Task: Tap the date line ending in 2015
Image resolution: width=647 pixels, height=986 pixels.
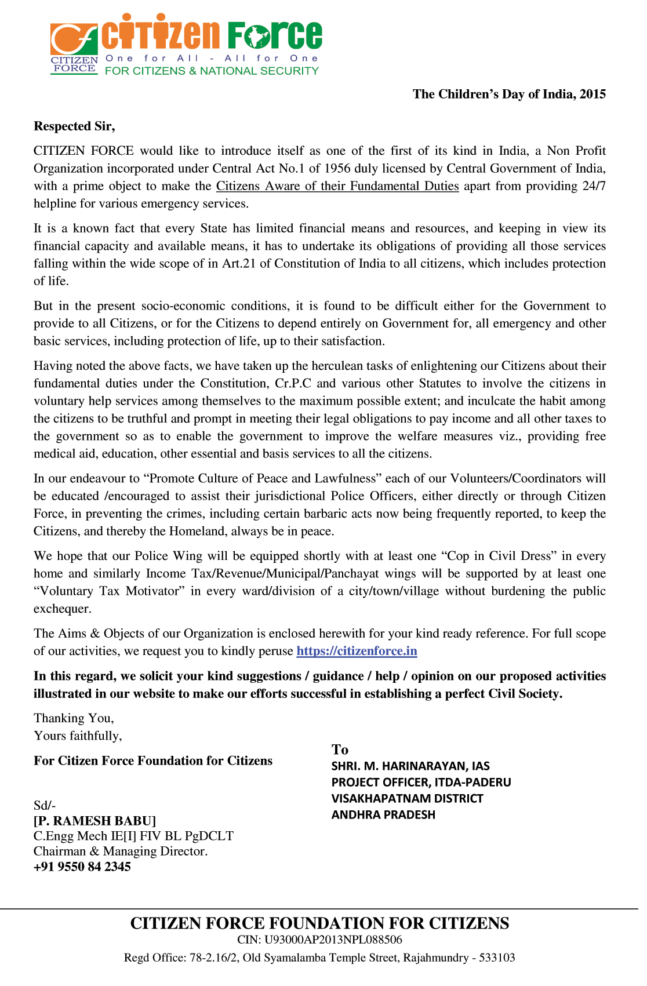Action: click(x=509, y=94)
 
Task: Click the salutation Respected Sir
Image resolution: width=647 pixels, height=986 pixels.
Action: click(x=74, y=126)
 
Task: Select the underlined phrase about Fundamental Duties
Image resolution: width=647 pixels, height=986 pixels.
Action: click(x=337, y=186)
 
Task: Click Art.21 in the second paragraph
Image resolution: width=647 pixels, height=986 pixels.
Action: click(x=239, y=264)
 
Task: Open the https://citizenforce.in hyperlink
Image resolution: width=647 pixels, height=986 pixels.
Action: click(x=357, y=651)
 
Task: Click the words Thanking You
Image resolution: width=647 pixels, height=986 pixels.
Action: click(x=74, y=718)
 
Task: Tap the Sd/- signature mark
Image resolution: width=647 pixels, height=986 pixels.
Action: click(x=45, y=805)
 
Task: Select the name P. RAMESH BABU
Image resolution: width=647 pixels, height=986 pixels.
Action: click(x=95, y=821)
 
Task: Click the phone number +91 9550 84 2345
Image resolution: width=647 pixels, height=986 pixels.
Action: click(x=82, y=867)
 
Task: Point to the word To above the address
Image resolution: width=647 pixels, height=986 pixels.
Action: click(x=340, y=749)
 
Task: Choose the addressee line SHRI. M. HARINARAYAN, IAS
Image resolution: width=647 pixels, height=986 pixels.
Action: click(x=410, y=766)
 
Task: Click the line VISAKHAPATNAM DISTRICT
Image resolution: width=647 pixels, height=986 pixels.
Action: click(x=407, y=798)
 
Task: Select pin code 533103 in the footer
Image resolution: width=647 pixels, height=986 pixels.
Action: click(x=497, y=958)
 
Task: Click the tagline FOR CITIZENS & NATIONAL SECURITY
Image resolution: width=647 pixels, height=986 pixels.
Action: click(x=212, y=71)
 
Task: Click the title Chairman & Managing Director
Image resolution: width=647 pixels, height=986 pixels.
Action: click(x=121, y=852)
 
